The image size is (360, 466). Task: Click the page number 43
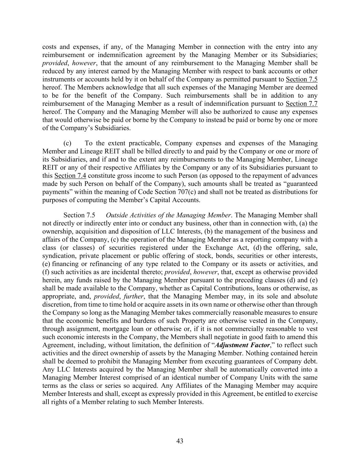click(180, 441)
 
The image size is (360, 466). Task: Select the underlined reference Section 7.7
click(301, 104)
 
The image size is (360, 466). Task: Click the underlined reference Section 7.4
click(70, 175)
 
